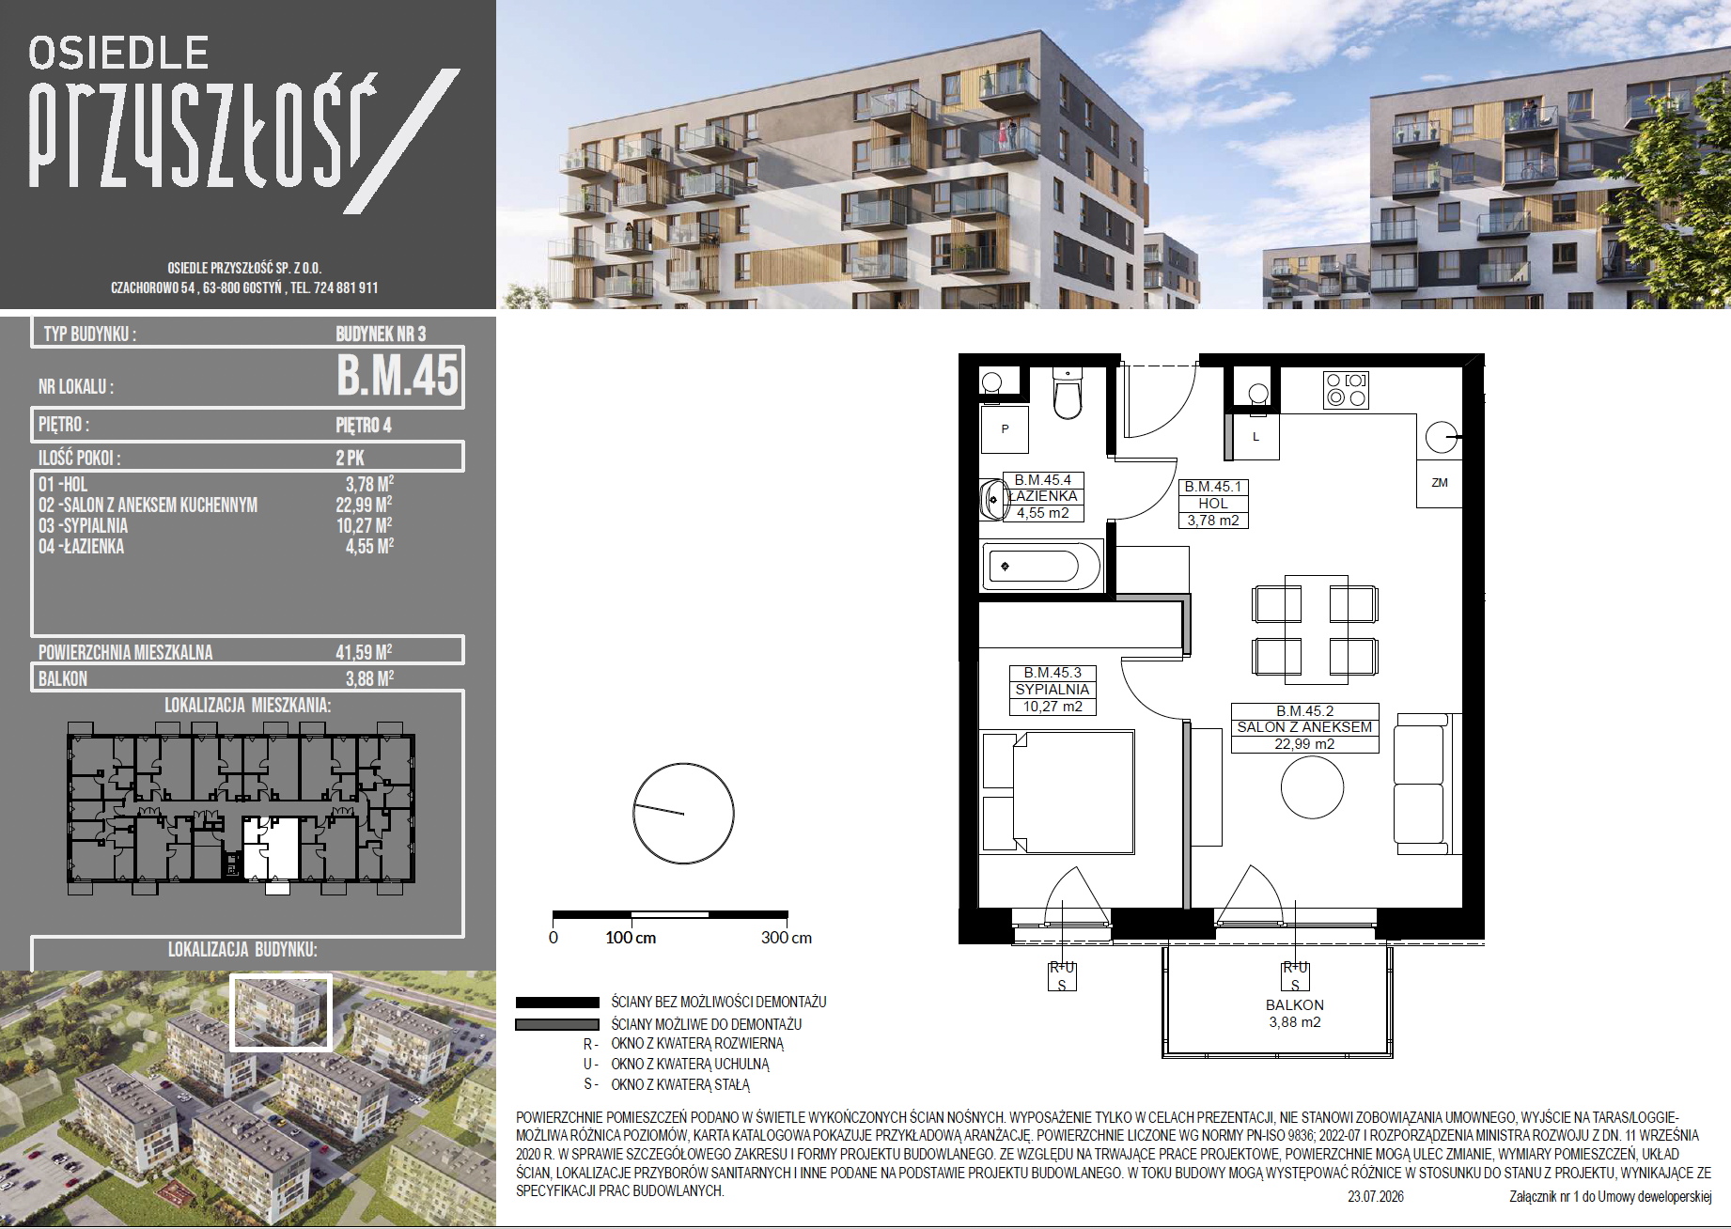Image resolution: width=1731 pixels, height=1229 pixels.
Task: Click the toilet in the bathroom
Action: (x=1068, y=394)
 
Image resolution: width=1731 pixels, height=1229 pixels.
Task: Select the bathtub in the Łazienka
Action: (x=1041, y=566)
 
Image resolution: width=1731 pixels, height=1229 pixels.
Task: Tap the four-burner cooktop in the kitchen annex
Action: (x=1346, y=390)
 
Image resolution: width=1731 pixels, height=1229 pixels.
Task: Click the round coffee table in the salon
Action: (x=1312, y=787)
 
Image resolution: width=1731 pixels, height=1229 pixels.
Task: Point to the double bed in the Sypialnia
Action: (x=1057, y=792)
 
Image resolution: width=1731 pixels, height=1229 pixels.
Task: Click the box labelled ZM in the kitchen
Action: (x=1440, y=483)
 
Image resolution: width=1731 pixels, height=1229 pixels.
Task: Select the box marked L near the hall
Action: (x=1255, y=437)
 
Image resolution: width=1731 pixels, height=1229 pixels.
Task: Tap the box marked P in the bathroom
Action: (x=1005, y=429)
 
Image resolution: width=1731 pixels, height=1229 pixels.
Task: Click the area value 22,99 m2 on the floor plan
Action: (x=1304, y=744)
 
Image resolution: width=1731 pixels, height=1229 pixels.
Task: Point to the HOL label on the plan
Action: (x=1213, y=504)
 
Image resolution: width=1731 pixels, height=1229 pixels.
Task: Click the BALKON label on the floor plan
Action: (x=1295, y=1004)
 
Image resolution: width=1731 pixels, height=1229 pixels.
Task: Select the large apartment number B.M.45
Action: (x=398, y=375)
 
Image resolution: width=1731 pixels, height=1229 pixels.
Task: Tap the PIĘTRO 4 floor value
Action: (x=364, y=425)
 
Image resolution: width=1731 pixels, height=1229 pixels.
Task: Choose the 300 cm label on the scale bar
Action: (x=787, y=938)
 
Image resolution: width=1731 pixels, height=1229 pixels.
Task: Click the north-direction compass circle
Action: (x=683, y=814)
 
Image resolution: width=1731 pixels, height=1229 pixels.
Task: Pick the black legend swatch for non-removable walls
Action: (x=557, y=1003)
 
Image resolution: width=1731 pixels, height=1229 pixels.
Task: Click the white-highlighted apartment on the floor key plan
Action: (x=272, y=848)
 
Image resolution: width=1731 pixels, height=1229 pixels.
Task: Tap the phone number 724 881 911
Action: (x=346, y=288)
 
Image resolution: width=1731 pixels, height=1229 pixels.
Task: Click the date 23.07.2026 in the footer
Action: (x=1376, y=1196)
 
